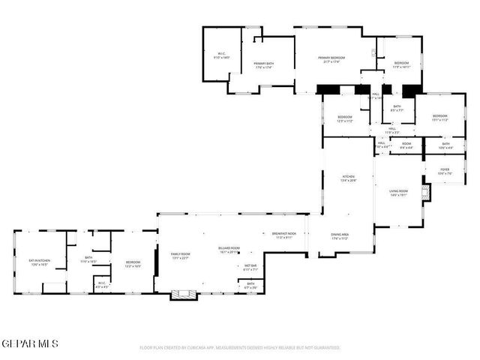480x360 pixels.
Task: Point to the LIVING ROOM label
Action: [x=398, y=192]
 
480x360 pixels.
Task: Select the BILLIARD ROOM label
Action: [x=229, y=249]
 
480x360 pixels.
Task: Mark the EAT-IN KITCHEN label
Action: [x=38, y=262]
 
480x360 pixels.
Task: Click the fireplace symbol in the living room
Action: [x=425, y=195]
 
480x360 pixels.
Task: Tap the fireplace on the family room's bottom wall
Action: [x=181, y=294]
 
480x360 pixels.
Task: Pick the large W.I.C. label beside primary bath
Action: [x=222, y=54]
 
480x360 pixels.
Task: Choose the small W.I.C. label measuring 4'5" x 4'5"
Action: [x=102, y=284]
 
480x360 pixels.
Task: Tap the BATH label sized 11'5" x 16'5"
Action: [x=88, y=259]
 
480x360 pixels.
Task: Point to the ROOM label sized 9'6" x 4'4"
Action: [x=406, y=145]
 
